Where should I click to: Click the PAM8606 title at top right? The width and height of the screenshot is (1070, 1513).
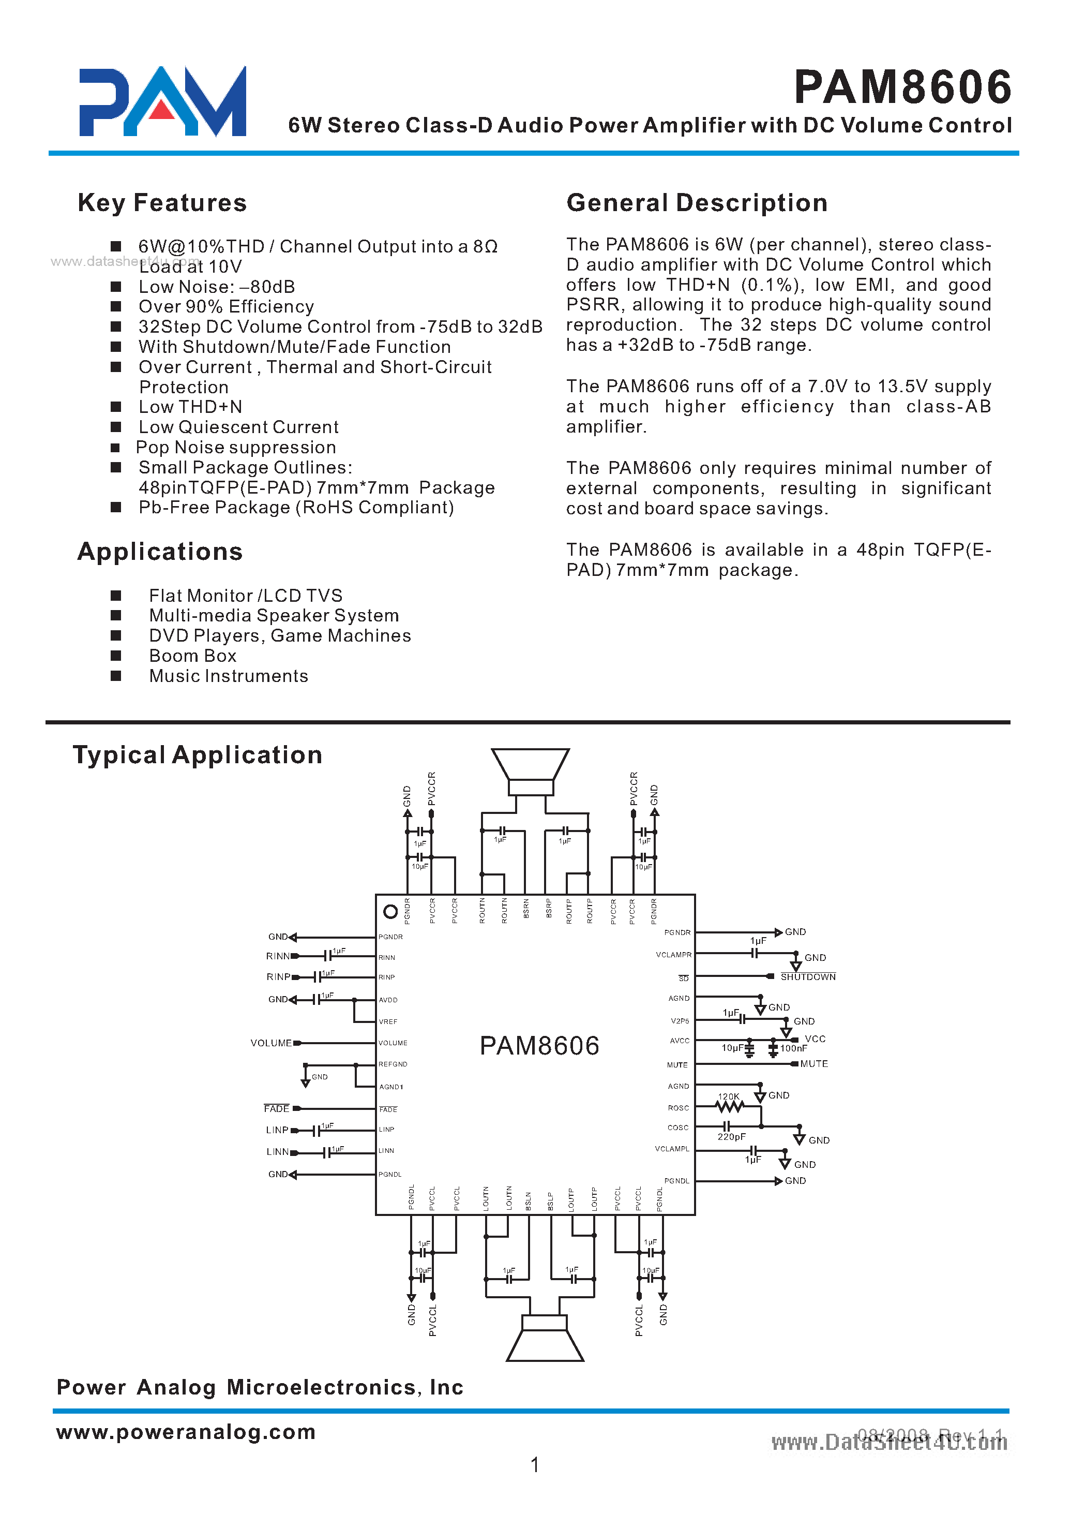pos(902,87)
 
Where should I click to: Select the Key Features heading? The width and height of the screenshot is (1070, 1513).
pos(162,203)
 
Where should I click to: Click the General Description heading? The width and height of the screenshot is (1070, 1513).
pos(697,203)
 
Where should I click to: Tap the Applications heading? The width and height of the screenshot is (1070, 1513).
pos(160,552)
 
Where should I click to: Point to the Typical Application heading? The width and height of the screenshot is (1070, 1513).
pos(198,755)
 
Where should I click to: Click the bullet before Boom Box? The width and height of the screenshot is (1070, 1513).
pos(116,656)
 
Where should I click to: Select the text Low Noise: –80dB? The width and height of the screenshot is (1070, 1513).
pos(216,287)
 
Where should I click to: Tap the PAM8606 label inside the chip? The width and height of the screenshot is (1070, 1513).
pos(539,1046)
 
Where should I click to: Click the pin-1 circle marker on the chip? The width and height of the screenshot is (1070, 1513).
pos(390,912)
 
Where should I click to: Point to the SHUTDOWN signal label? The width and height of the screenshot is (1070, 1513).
pos(808,977)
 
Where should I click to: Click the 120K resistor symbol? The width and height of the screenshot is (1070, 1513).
pos(729,1107)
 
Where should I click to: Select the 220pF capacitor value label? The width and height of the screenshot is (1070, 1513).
pos(731,1137)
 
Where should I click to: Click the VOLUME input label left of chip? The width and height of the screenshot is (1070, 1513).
pos(271,1043)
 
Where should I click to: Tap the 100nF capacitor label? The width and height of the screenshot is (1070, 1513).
pos(793,1048)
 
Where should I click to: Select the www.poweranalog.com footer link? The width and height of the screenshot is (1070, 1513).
pos(186,1432)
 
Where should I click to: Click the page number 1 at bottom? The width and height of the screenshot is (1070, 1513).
pos(535,1465)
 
